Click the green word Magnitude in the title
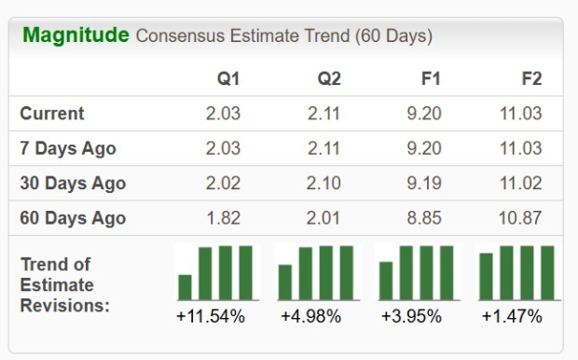76,35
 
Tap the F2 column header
532,78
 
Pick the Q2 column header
329,78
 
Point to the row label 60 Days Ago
72,218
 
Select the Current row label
52,114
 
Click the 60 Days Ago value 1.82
223,218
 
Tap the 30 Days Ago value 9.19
424,184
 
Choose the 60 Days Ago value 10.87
520,218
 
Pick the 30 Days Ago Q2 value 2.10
323,184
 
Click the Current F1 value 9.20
424,114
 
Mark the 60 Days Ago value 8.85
424,218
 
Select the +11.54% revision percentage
211,316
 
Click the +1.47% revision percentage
512,316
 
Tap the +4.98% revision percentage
311,316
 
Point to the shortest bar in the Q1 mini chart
185,287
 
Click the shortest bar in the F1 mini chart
386,281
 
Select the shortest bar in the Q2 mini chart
285,283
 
